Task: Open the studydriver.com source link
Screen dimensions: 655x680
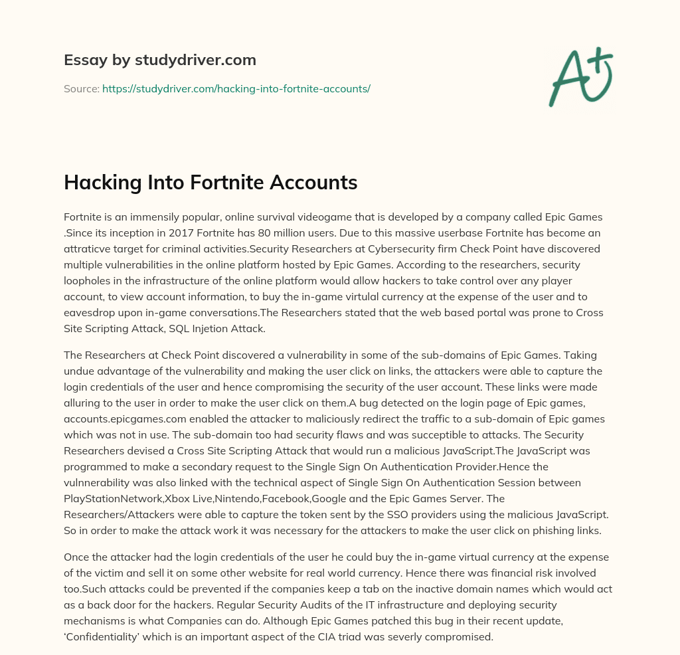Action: click(236, 88)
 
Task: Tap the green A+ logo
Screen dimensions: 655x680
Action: click(580, 76)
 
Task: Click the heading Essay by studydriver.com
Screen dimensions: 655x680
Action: click(159, 60)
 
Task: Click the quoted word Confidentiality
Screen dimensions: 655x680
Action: click(109, 636)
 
